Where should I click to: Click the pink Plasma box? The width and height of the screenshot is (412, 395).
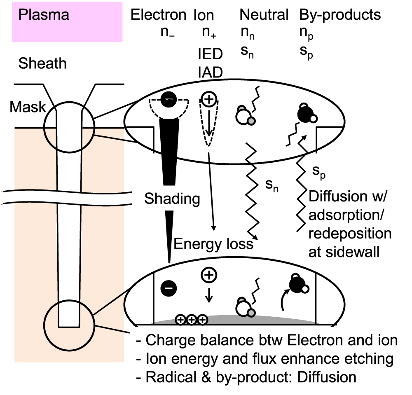[67, 21]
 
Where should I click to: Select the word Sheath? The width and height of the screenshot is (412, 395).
[42, 64]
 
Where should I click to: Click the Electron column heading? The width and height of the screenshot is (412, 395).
[159, 15]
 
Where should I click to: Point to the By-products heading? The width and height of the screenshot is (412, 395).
[339, 15]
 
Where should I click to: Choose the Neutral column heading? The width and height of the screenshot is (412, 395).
[264, 15]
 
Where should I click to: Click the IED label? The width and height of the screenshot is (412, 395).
[210, 54]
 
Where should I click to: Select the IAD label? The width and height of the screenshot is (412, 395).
[210, 72]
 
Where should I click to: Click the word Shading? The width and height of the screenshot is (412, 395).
[172, 199]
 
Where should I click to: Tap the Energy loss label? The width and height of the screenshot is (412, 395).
[213, 244]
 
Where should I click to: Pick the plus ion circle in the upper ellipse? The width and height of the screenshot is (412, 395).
[209, 99]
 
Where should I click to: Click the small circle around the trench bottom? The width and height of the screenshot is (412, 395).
[69, 325]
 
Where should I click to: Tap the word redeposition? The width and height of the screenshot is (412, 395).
[349, 234]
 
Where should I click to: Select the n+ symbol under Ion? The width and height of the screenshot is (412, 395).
[209, 33]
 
